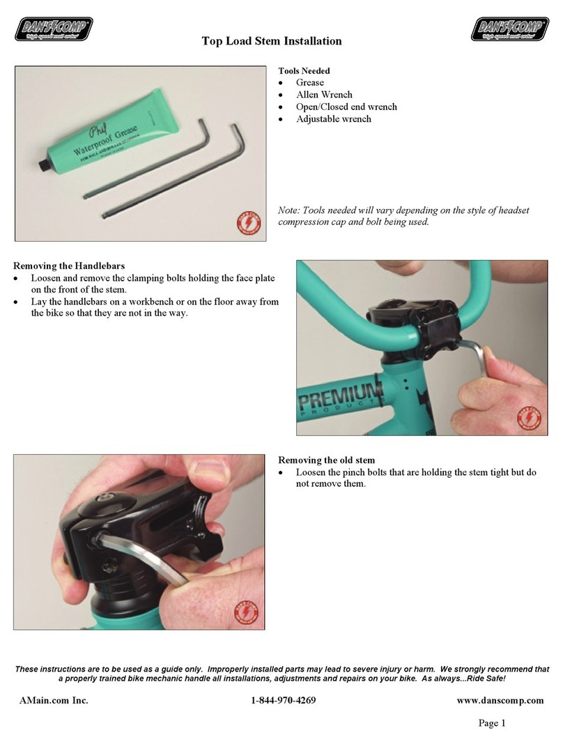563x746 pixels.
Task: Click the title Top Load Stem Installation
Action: pyautogui.click(x=272, y=41)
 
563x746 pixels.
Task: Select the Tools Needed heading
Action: pyautogui.click(x=304, y=71)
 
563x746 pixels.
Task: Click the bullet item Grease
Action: pyautogui.click(x=309, y=83)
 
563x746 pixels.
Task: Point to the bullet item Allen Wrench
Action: pyautogui.click(x=324, y=95)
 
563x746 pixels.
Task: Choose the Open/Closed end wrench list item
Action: pyautogui.click(x=346, y=107)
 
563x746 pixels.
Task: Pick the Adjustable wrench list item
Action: pyautogui.click(x=333, y=119)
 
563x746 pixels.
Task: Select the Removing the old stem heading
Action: pyautogui.click(x=327, y=460)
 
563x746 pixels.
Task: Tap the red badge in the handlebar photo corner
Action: pyautogui.click(x=530, y=419)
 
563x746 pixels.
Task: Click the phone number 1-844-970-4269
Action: pyautogui.click(x=284, y=700)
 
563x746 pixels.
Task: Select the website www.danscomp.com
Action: pyautogui.click(x=498, y=700)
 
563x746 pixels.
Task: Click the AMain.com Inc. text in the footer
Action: pyautogui.click(x=54, y=700)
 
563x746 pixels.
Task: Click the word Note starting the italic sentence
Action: pyautogui.click(x=289, y=210)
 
